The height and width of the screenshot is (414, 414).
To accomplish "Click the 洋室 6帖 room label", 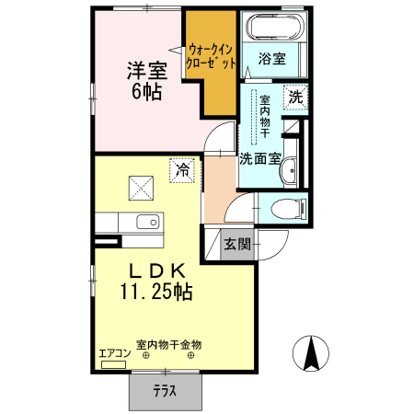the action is click(x=147, y=81).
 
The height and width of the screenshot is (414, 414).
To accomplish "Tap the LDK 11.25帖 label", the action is click(x=156, y=282).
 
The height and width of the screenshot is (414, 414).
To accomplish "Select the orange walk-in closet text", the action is click(x=212, y=56).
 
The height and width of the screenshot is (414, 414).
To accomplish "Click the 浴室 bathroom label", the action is click(x=272, y=59).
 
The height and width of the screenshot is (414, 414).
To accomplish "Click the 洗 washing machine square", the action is click(x=295, y=97).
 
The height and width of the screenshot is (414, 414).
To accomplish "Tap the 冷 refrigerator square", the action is click(x=182, y=170).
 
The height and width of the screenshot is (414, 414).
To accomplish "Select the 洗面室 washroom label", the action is click(x=260, y=158).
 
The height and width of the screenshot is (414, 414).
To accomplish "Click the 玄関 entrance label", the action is click(x=237, y=244).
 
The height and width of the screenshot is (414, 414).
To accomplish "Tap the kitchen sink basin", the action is click(x=148, y=222).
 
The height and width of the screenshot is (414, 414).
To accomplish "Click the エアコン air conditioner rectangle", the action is click(x=113, y=364).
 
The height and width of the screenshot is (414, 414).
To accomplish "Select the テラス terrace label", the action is click(x=165, y=391).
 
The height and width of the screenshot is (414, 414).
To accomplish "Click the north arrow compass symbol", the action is click(x=311, y=353).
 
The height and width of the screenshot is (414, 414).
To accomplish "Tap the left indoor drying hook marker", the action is click(x=146, y=356).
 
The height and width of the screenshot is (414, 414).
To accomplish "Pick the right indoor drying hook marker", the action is click(x=190, y=356).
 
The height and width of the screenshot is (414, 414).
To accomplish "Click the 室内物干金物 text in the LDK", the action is click(x=169, y=345).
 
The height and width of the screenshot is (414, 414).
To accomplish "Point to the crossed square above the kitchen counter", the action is click(x=141, y=188).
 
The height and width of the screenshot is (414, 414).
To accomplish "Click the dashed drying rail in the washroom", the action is click(x=254, y=117).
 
